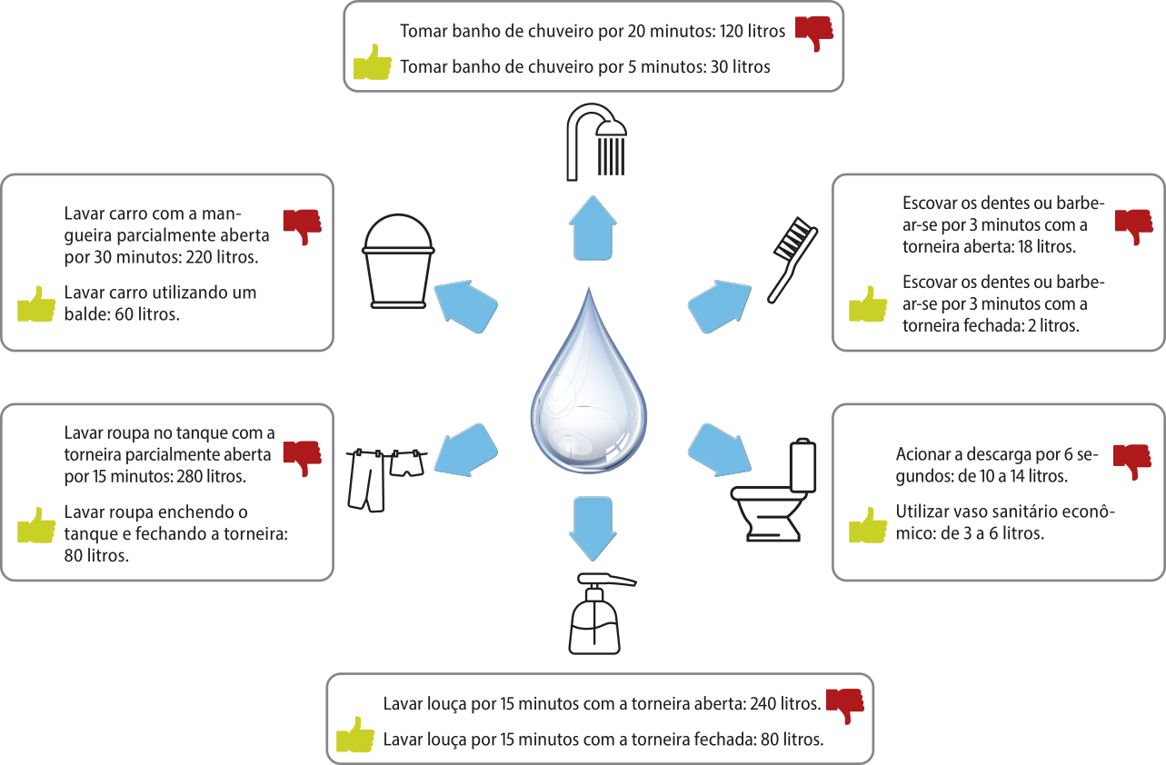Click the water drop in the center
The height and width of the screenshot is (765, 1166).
point(589,385)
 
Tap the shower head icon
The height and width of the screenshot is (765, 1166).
point(596,142)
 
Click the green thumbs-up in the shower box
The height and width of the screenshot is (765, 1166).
point(372,64)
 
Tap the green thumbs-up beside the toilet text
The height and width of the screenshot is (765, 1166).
point(868,526)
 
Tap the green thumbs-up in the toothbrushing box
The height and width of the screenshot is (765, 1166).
point(868,305)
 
